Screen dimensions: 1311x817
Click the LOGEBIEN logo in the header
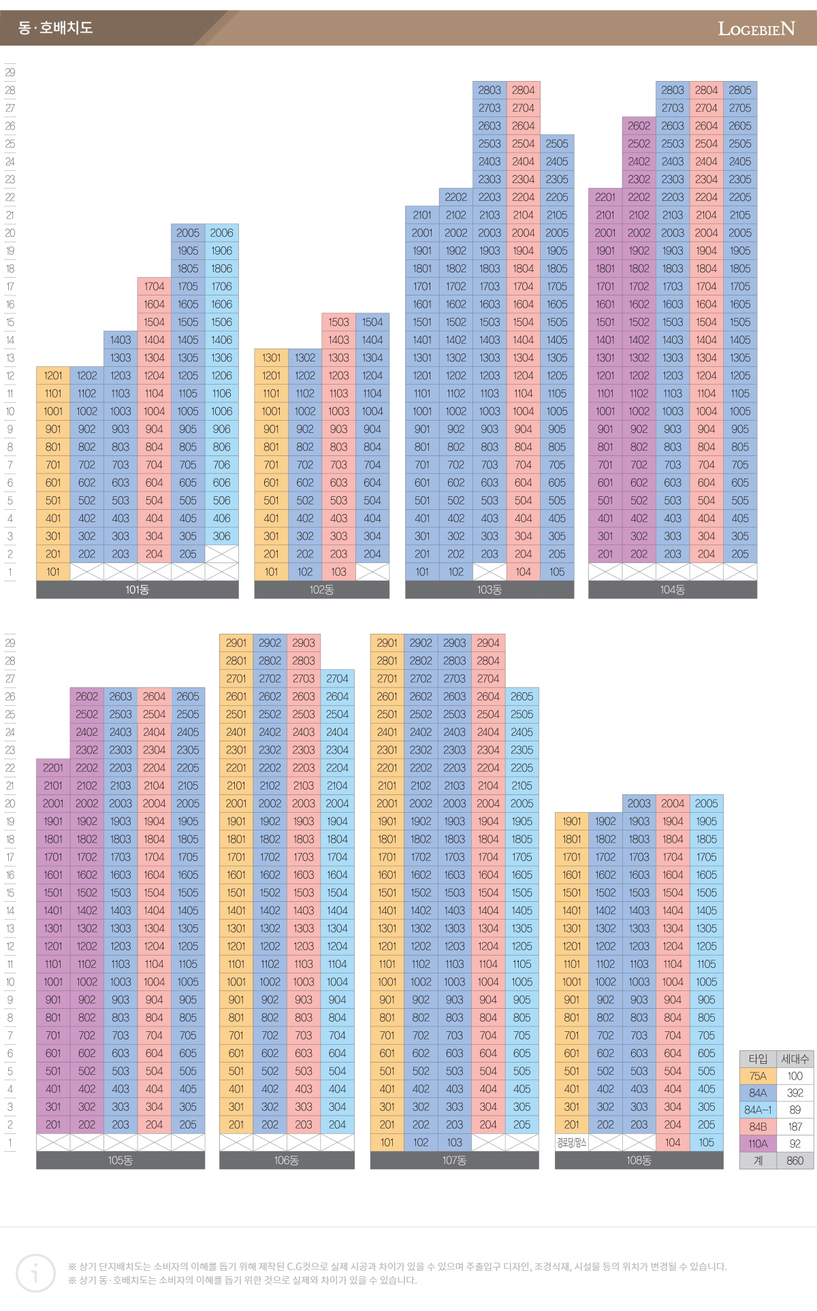756,29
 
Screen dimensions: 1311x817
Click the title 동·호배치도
56,28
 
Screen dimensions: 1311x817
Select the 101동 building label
137,590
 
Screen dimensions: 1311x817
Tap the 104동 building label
672,590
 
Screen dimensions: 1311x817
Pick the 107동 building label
454,1161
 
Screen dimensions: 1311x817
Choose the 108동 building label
639,1161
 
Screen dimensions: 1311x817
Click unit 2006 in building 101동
221,233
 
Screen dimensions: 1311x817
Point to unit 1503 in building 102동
338,322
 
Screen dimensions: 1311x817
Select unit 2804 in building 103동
523,90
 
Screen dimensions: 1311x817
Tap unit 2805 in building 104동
740,90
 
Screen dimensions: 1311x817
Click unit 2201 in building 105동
53,768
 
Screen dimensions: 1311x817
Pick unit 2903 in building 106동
304,643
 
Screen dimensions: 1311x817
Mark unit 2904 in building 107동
488,643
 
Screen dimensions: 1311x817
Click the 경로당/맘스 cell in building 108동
571,1143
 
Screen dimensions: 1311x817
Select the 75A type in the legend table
758,1076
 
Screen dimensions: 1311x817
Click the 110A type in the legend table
758,1144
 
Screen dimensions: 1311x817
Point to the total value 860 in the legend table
795,1161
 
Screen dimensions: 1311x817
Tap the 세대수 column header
795,1059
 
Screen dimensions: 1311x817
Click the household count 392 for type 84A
795,1093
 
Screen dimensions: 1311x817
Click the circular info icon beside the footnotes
35,1273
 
